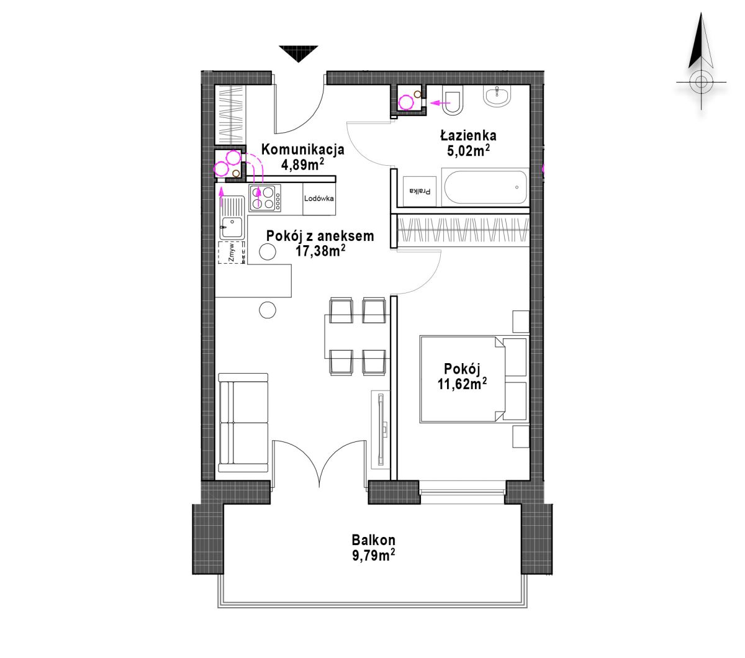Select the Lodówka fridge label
[x=319, y=198]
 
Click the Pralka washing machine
[x=420, y=191]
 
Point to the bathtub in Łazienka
[x=485, y=187]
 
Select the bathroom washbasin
[x=497, y=96]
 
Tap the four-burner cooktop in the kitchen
[x=264, y=198]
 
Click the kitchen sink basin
[x=232, y=227]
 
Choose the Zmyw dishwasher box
[x=232, y=252]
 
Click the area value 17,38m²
[x=320, y=251]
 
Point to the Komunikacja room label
[x=302, y=150]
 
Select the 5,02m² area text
[x=468, y=151]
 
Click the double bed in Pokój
[x=473, y=379]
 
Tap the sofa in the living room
[x=243, y=423]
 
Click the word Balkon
[x=374, y=540]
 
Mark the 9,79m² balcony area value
[x=374, y=556]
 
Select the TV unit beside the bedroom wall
[x=380, y=429]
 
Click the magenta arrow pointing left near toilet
[x=440, y=103]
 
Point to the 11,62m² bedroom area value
[x=462, y=384]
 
